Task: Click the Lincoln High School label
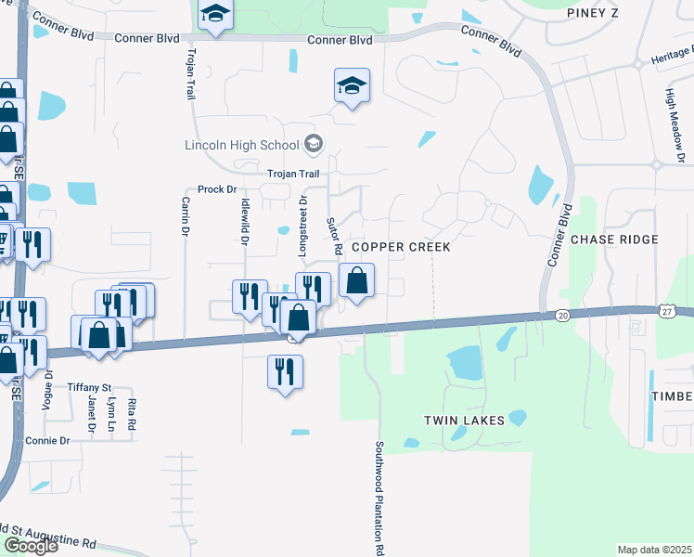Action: [240, 145]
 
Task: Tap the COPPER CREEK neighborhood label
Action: [401, 247]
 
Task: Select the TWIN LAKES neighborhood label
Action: [464, 421]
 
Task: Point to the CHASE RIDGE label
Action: [614, 240]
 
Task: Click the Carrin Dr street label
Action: [186, 215]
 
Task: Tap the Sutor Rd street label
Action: [333, 237]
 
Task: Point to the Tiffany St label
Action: [89, 386]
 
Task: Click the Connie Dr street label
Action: [48, 440]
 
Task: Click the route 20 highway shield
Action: [563, 316]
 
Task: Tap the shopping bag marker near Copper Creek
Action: [356, 279]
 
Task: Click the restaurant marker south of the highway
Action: [285, 370]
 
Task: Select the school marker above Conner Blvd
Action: [215, 14]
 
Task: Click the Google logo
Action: [31, 546]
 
